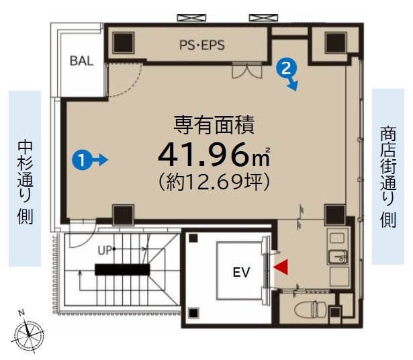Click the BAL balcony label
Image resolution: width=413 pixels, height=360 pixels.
pos(81,59)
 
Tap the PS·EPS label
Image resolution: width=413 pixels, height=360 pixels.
pos(201,45)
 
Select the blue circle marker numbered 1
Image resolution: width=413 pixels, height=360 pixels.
pos(81,160)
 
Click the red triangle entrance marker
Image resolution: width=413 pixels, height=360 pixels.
pos(280,267)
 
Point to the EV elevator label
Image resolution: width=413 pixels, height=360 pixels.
pos(240,273)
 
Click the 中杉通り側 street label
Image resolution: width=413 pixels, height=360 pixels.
pos(24,180)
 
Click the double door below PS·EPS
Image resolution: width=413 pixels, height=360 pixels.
pos(242,69)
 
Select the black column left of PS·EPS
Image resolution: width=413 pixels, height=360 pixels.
pos(123,43)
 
